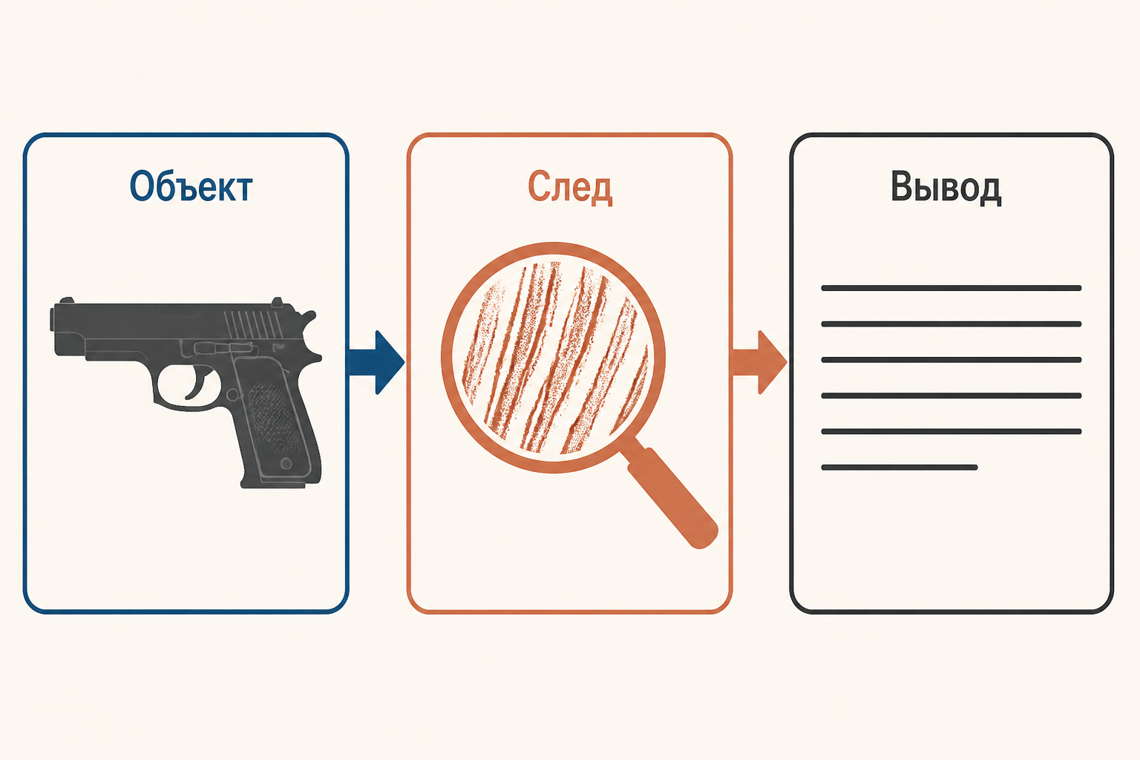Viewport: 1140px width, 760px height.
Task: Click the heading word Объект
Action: [191, 187]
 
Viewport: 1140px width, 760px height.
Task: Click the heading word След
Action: [570, 187]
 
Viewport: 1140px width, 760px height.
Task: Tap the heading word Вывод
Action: [946, 187]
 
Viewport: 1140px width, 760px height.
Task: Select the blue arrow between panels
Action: [376, 362]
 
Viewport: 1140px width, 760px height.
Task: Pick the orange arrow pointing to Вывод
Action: [759, 362]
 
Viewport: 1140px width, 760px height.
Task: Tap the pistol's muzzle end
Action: [53, 318]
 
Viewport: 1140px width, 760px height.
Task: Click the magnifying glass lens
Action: [553, 357]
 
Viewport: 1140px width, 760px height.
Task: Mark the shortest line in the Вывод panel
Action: [900, 468]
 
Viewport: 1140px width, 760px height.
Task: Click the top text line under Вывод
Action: [951, 288]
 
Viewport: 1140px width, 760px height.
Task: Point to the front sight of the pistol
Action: [66, 301]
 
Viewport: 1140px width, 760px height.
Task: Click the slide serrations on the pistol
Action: [253, 324]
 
